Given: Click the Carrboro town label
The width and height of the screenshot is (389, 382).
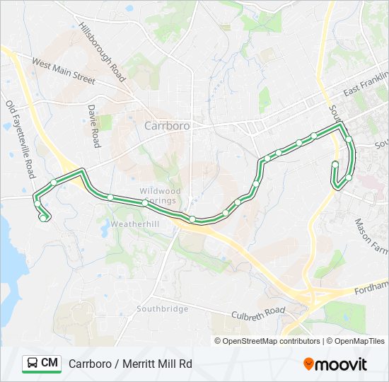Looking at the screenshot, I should pos(167,126).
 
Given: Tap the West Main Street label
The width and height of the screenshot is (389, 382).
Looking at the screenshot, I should pos(63,71).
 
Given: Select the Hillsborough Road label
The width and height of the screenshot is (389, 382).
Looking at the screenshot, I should pos(103,52).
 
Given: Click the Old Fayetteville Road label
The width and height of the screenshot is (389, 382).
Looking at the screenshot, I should pos(20,139).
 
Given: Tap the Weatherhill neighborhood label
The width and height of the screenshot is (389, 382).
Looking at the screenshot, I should pos(134,224).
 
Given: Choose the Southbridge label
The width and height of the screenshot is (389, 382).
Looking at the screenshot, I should pos(163,309).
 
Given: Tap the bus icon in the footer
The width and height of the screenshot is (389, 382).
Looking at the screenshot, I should pos(32,364).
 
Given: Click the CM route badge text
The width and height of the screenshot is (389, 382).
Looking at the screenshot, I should pos(50,364).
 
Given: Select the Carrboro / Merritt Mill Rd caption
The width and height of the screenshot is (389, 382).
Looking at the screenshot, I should pos(130,364).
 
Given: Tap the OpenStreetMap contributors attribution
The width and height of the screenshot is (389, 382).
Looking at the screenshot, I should pos(267,341).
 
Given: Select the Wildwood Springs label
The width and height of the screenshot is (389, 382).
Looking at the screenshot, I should pos(161,195).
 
